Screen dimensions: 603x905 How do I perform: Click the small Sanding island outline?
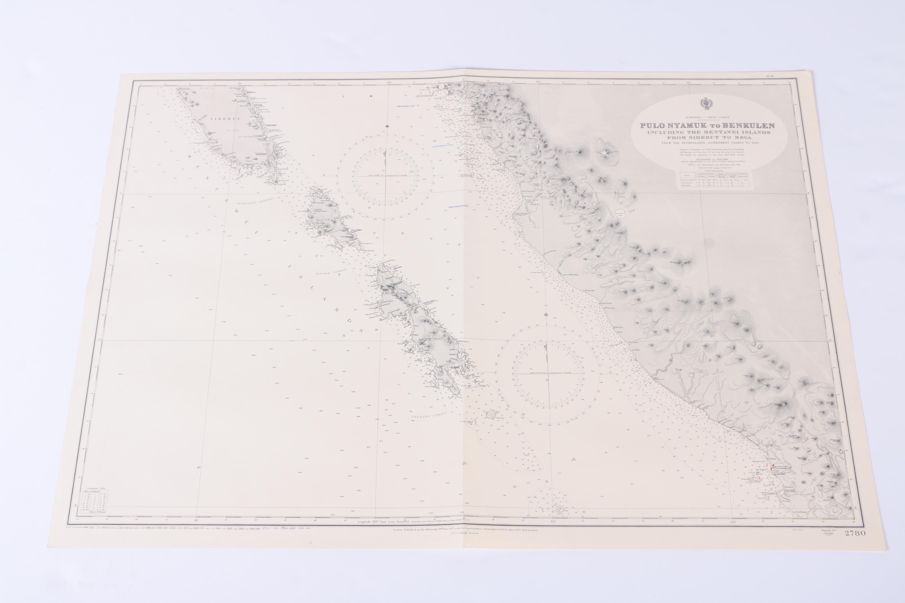click(491, 415)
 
